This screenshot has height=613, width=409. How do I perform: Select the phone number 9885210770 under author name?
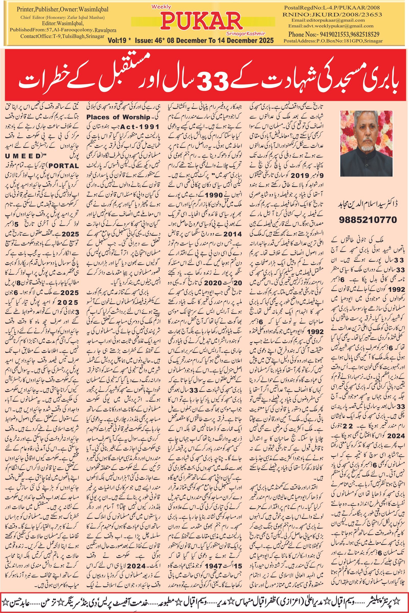tap(368, 220)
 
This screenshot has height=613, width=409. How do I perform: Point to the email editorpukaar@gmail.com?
tap(328, 20)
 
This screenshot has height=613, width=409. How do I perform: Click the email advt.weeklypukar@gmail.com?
tap(331, 26)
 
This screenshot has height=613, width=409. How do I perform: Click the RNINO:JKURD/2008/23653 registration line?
tap(332, 14)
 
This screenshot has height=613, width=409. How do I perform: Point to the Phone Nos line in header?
tap(334, 34)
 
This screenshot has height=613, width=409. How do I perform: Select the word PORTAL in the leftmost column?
tap(64, 166)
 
